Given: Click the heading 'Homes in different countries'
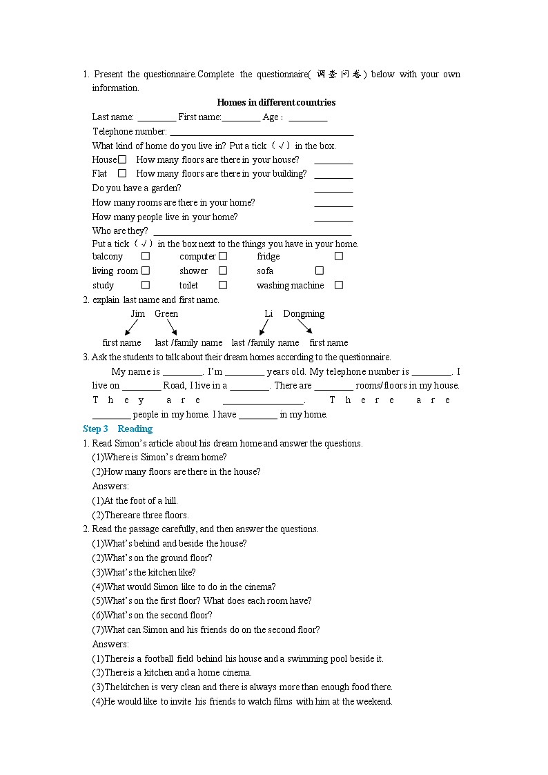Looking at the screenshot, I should [x=276, y=102].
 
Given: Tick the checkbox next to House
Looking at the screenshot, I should [x=122, y=159].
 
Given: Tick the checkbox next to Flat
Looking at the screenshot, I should [x=122, y=173].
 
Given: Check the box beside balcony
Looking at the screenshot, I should [x=146, y=256].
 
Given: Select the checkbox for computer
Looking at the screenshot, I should [x=223, y=256].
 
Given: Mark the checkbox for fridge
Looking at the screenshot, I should [x=339, y=256].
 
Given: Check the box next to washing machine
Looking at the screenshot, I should [x=339, y=285].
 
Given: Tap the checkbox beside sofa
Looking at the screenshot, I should [x=320, y=271].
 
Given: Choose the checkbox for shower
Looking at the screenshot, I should [x=223, y=271].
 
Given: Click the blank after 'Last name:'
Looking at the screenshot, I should [x=157, y=118].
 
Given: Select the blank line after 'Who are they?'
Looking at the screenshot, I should [x=252, y=232].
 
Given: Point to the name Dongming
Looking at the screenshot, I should [x=304, y=313].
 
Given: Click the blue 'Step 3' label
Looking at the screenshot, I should [x=95, y=429].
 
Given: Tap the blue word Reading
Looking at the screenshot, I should [x=135, y=429].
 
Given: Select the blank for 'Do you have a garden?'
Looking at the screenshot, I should [x=333, y=188].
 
